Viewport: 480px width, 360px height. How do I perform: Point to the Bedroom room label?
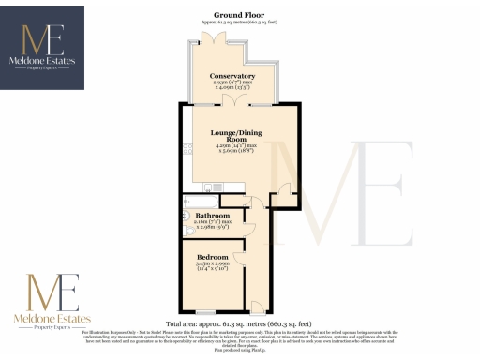213,257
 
